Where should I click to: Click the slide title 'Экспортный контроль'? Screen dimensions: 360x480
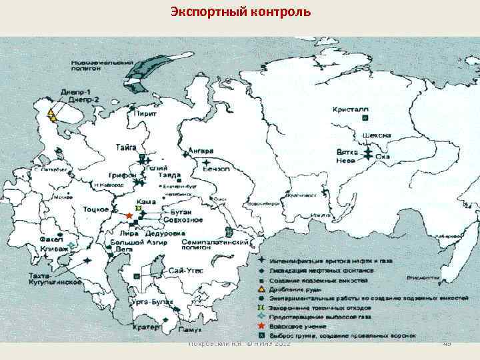pyautogui.click(x=240, y=11)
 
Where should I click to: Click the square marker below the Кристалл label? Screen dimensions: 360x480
pyautogui.click(x=365, y=117)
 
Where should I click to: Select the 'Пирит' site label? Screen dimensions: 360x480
pyautogui.click(x=145, y=114)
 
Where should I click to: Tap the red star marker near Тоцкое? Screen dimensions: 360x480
pyautogui.click(x=129, y=216)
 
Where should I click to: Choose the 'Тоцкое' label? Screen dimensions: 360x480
pyautogui.click(x=95, y=209)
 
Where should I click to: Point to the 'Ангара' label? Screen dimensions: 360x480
pyautogui.click(x=201, y=150)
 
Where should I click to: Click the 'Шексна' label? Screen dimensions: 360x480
pyautogui.click(x=376, y=135)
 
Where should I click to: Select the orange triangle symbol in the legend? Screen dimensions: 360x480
pyautogui.click(x=261, y=290)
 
